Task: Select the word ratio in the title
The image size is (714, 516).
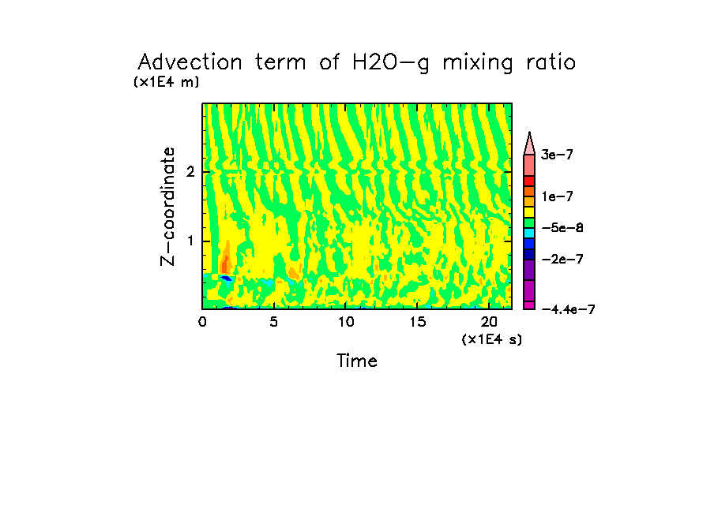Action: point(548,62)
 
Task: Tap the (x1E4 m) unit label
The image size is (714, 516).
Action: point(166,81)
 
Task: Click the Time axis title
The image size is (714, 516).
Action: point(357,361)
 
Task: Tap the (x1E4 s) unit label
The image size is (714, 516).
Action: point(492,339)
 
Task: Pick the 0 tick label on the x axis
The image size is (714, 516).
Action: point(203,322)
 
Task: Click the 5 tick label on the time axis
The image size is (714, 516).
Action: point(273,322)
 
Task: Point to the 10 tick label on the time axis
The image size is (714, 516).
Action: point(345,322)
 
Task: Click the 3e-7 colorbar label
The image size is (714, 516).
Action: point(556,155)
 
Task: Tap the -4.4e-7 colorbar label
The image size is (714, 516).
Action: point(567,310)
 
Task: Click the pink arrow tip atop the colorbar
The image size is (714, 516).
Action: point(530,142)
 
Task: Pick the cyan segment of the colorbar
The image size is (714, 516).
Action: point(530,233)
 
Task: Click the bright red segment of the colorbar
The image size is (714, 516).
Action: point(530,181)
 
